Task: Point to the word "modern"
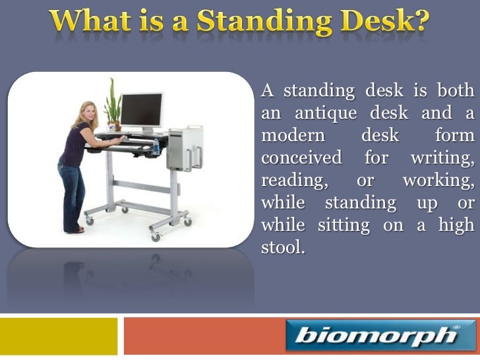pos(293,135)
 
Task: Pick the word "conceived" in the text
pos(301,158)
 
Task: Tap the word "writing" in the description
pos(440,158)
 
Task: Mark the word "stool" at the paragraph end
pos(282,247)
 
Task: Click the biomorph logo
pos(380,336)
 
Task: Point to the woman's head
pos(88,114)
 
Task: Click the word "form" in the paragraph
pos(454,135)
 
